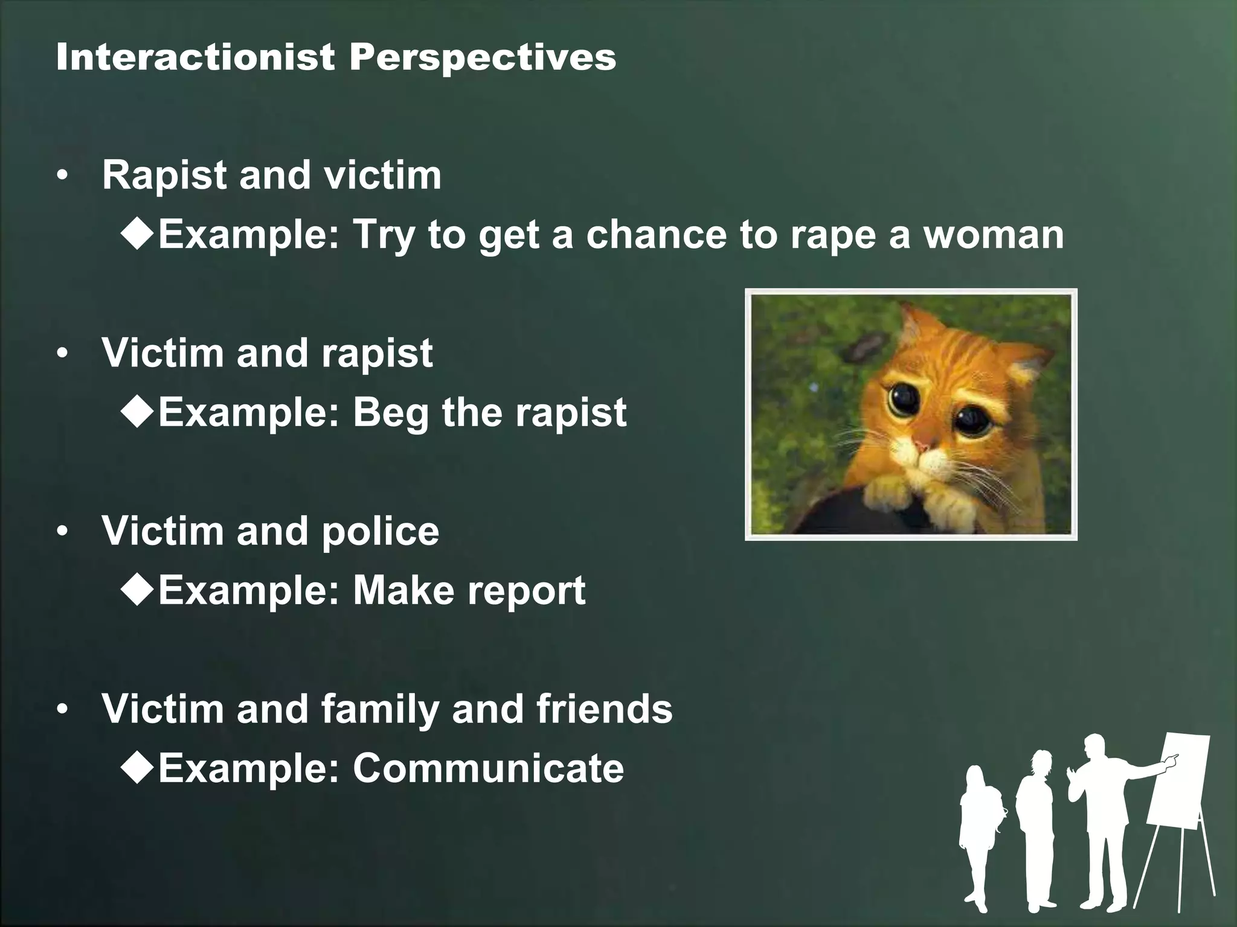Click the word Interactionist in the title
click(194, 57)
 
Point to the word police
click(381, 531)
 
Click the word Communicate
click(488, 768)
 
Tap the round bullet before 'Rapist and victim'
click(61, 176)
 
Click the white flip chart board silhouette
click(1178, 785)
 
